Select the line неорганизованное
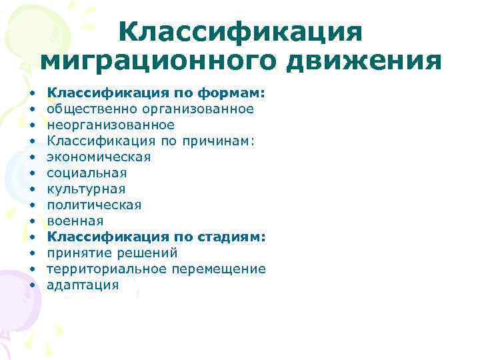(110, 125)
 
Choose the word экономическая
(99, 157)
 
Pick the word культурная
(86, 189)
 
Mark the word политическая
(94, 205)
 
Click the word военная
(75, 221)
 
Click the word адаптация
(83, 285)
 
